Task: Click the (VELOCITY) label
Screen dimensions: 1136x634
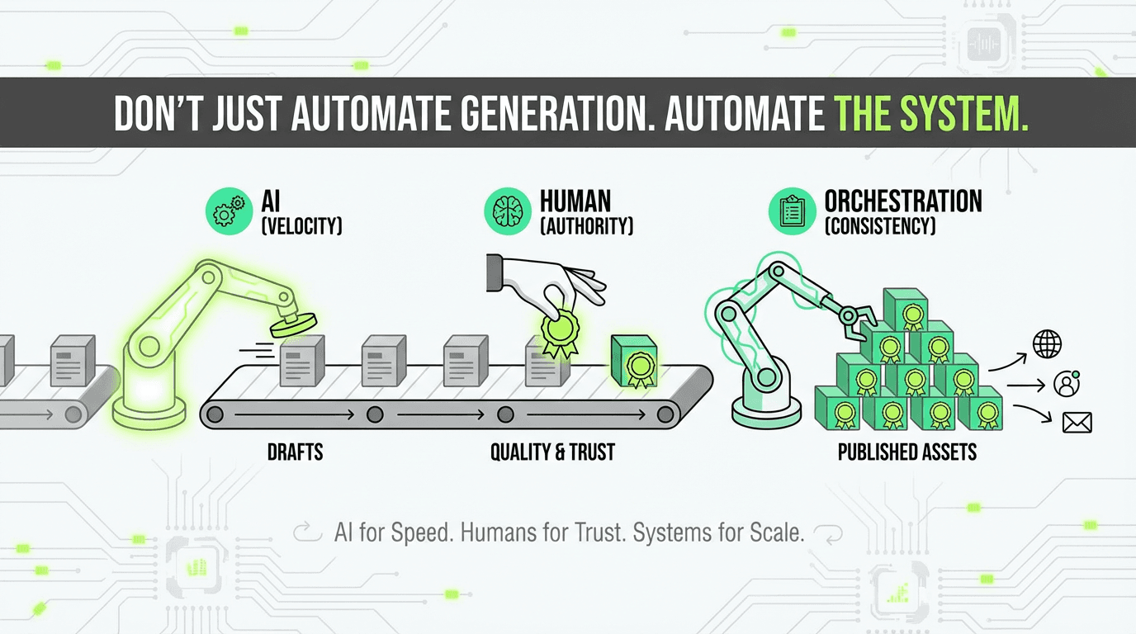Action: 301,225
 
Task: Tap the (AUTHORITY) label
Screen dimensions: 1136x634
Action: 586,225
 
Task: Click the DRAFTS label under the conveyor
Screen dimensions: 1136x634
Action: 295,452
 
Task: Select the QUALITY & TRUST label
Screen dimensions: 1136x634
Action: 552,452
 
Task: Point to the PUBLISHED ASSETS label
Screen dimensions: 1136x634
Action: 907,452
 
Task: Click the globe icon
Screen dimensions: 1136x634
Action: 1048,343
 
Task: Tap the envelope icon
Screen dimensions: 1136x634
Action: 1077,423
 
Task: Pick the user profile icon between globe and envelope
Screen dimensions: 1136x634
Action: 1067,384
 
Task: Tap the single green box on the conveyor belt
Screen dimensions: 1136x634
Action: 632,361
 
